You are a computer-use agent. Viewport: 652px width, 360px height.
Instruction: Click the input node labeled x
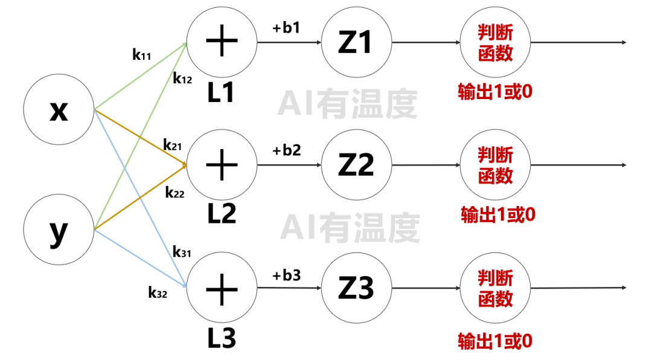click(x=59, y=111)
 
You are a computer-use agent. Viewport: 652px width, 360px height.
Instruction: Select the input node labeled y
click(x=59, y=230)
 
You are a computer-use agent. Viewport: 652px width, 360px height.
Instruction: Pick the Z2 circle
click(x=356, y=164)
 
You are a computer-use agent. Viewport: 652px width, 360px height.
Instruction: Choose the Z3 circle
click(x=356, y=288)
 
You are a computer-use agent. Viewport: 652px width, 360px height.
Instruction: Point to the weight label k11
click(x=141, y=55)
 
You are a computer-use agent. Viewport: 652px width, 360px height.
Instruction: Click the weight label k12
click(x=182, y=79)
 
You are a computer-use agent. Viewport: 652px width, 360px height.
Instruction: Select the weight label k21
click(x=173, y=145)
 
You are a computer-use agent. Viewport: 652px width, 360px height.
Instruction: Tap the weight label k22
click(x=174, y=193)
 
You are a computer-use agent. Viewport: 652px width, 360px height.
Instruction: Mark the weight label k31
click(x=181, y=252)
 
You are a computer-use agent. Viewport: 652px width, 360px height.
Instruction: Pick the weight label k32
click(x=158, y=293)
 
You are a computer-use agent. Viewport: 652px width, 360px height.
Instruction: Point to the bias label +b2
click(x=286, y=150)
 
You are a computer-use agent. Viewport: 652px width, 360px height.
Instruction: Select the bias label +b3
click(x=286, y=275)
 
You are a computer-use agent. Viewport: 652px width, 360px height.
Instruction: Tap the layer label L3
click(x=222, y=339)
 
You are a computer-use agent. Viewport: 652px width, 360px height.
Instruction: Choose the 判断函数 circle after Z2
click(x=495, y=164)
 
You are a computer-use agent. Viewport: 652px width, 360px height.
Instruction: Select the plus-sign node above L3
click(x=222, y=288)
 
